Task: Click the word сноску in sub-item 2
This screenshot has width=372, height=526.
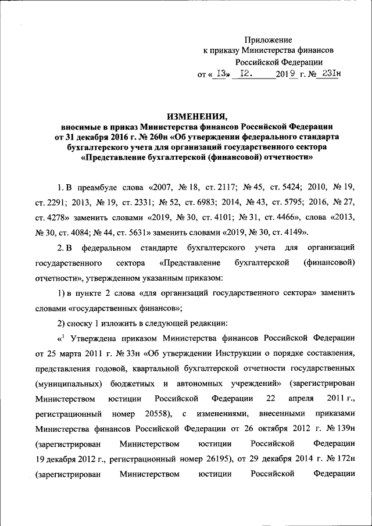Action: click(x=82, y=322)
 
